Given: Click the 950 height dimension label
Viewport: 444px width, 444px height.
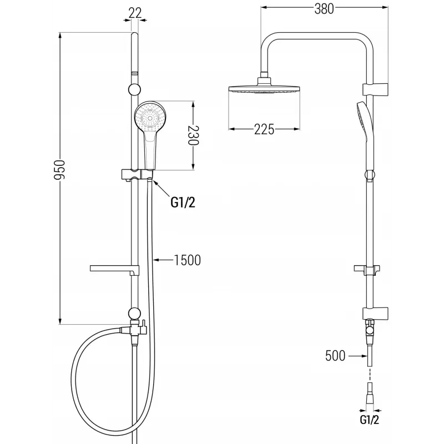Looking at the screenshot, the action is point(60,170).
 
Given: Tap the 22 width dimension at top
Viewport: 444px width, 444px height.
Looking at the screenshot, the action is point(135,13).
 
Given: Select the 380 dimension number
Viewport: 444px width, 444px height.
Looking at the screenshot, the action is point(324,8).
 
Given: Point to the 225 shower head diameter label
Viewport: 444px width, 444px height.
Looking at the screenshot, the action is point(264,129).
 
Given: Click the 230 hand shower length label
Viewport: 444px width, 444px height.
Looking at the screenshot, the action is point(194,135).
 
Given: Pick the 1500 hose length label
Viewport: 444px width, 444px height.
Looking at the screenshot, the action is point(187,260).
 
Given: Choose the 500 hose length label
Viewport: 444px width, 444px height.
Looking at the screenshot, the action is point(335,356).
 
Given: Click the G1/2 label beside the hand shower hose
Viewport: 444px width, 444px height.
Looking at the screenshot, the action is point(183,202).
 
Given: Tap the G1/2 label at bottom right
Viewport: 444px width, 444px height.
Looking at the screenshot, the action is point(369,420).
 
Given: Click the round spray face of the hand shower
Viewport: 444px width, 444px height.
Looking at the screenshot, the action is point(149,117).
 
